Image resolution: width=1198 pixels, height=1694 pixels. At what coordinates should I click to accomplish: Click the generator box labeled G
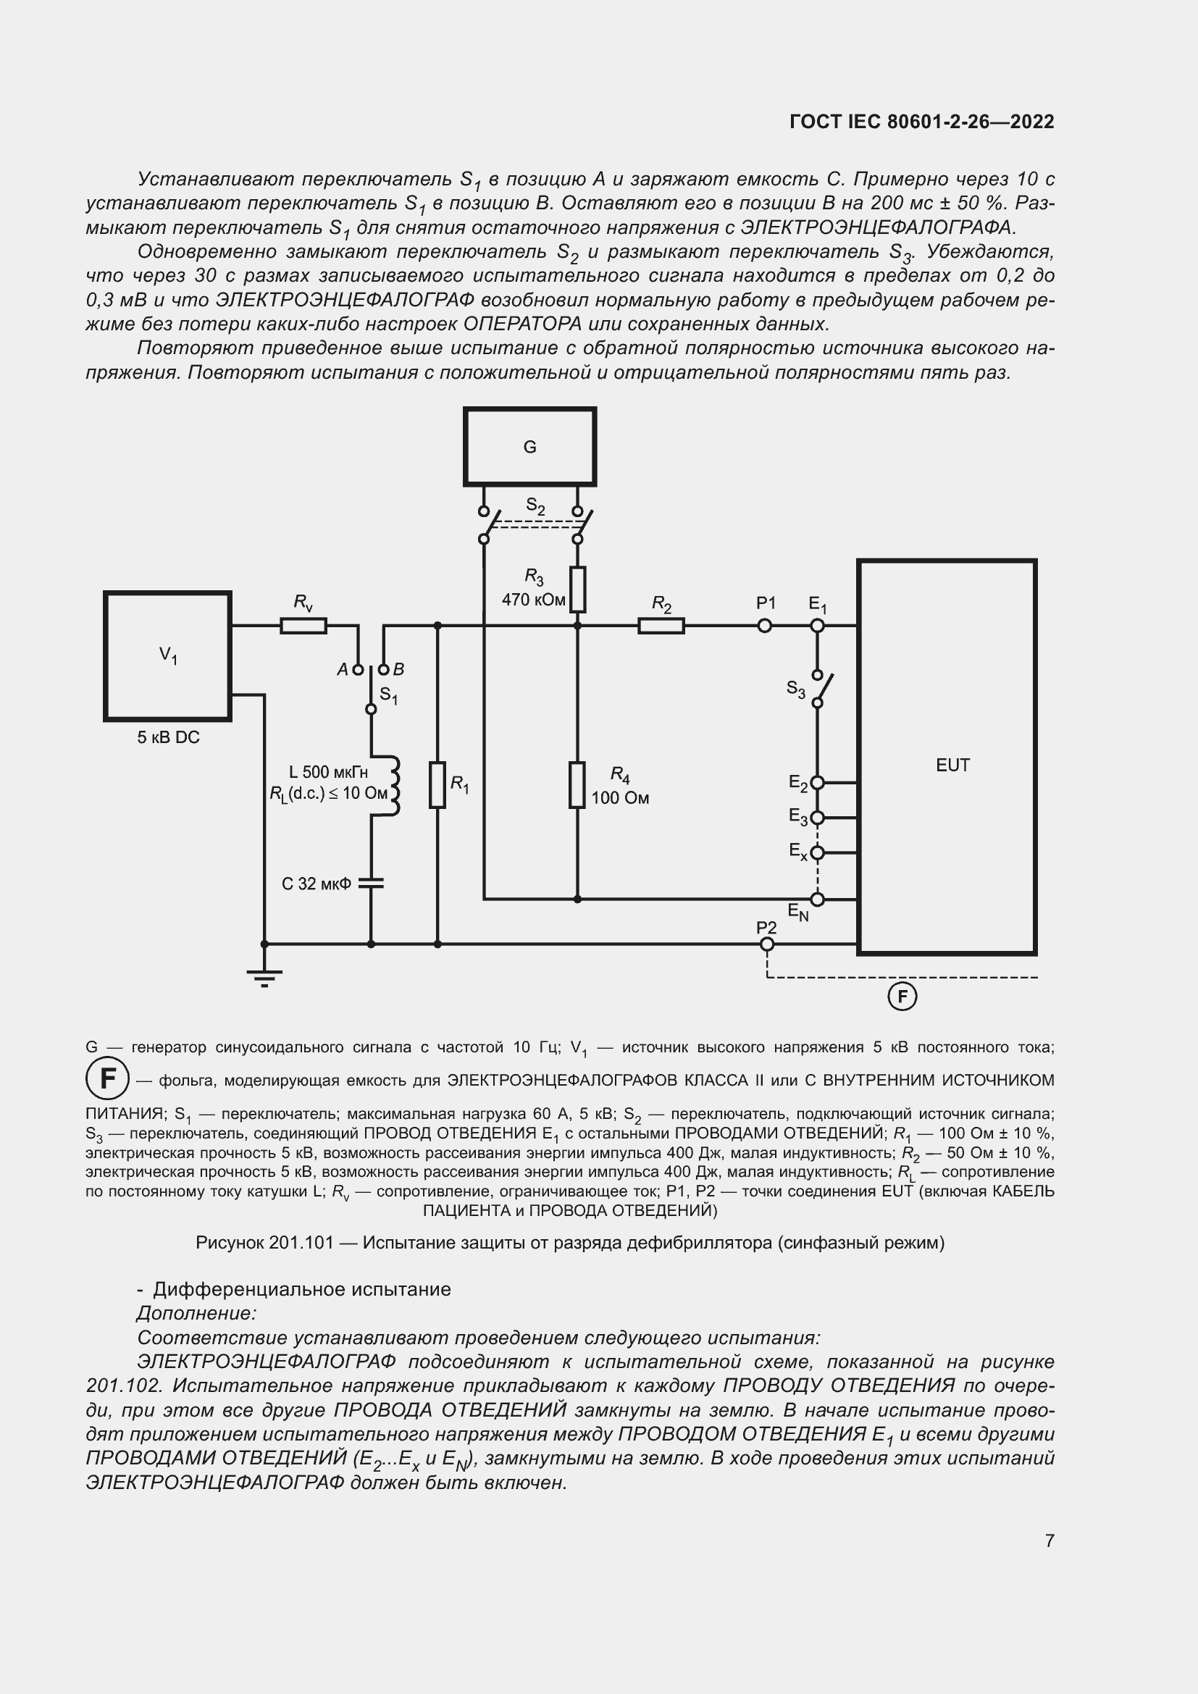click(529, 446)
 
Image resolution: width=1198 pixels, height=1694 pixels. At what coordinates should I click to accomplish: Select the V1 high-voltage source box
click(167, 655)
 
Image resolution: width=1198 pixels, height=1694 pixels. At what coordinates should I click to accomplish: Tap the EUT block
click(947, 757)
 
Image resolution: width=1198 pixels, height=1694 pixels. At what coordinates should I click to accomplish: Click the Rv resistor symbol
click(303, 626)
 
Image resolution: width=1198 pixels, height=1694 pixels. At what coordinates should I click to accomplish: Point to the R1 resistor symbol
click(437, 785)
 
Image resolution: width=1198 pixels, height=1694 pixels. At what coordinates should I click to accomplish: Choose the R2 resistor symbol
click(661, 626)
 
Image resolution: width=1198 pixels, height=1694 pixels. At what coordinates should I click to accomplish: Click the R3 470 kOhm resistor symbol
click(577, 590)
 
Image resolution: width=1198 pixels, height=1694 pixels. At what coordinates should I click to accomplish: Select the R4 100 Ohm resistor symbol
click(577, 785)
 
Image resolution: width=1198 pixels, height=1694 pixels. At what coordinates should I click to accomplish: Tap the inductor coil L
click(392, 785)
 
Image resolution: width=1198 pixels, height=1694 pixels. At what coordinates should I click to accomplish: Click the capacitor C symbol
click(371, 883)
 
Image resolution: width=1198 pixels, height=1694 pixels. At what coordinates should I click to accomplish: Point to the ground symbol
click(264, 978)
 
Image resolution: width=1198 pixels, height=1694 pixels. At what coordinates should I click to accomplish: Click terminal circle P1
click(765, 626)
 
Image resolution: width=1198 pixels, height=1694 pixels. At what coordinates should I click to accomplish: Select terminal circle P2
click(767, 944)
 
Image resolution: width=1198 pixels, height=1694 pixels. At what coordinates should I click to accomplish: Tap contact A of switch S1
click(359, 670)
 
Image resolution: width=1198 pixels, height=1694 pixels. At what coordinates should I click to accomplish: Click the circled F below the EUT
click(902, 997)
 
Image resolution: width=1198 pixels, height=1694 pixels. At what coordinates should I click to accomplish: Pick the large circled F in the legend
click(108, 1078)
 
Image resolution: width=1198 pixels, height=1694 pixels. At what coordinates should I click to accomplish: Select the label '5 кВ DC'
click(168, 737)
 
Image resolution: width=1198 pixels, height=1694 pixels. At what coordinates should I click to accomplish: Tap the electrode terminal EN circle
click(817, 900)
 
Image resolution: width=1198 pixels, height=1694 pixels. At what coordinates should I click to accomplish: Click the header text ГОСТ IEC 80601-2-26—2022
click(921, 122)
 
